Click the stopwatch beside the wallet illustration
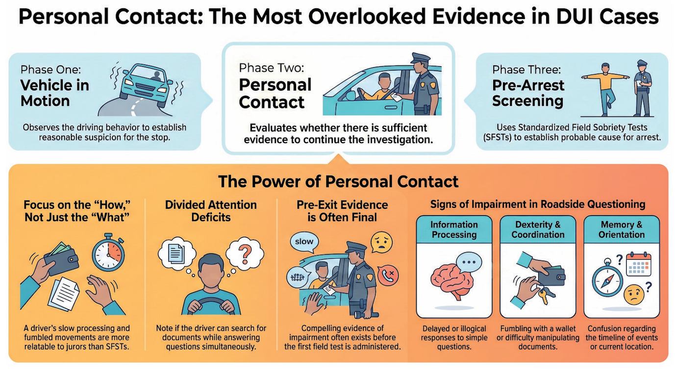108,252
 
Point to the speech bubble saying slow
304,242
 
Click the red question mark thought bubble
245,253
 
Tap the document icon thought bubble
176,254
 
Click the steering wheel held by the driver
211,305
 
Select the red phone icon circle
388,275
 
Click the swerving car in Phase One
146,85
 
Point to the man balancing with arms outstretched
606,89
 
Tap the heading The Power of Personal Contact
338,181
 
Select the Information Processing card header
454,229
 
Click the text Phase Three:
526,70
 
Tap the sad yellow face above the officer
382,242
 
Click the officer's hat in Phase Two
421,57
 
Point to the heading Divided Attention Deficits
211,211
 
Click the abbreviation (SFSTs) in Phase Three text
497,138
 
